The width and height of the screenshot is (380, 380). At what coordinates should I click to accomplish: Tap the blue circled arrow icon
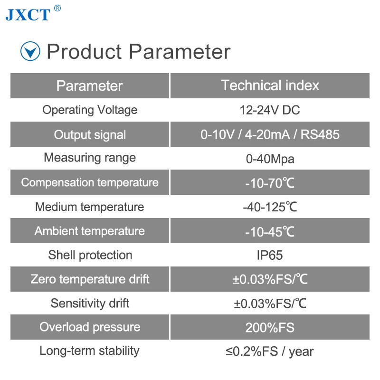[30, 51]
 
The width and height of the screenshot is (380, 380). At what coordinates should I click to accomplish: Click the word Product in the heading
[84, 51]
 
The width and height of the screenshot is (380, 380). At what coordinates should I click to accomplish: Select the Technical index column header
[270, 85]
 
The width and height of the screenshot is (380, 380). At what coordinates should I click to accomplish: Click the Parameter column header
[90, 86]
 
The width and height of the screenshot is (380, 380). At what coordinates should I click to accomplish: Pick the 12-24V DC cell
[270, 110]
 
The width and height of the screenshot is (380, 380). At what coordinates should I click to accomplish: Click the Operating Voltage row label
[90, 110]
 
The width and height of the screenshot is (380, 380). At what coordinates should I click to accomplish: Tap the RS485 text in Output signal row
[320, 134]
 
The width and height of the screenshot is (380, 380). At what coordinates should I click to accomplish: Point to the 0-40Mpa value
[270, 159]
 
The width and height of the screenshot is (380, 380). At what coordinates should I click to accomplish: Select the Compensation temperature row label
[90, 182]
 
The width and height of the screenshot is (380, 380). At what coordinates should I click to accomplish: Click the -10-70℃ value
[270, 183]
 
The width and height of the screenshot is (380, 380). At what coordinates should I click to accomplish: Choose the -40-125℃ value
[270, 207]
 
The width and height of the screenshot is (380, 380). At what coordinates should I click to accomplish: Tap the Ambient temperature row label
[90, 231]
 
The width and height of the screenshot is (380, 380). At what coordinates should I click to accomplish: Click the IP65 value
[270, 255]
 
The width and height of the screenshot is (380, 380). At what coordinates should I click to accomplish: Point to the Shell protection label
[90, 255]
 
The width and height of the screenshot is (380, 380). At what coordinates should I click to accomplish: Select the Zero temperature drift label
[90, 279]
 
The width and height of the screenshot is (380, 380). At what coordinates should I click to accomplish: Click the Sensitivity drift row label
[90, 304]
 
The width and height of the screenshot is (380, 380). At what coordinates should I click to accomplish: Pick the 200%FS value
[270, 328]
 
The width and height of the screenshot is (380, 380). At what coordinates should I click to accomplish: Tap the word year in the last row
[301, 352]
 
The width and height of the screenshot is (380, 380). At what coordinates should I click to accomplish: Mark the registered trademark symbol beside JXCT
[57, 8]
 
